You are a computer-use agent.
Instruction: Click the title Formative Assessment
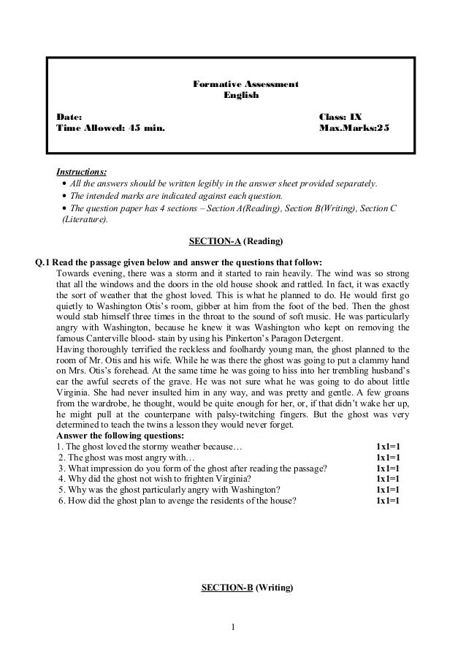[245, 86]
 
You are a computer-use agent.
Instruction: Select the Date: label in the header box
[69, 117]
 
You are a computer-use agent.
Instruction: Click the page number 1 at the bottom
[233, 626]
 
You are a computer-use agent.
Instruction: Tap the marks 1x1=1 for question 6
[388, 501]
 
